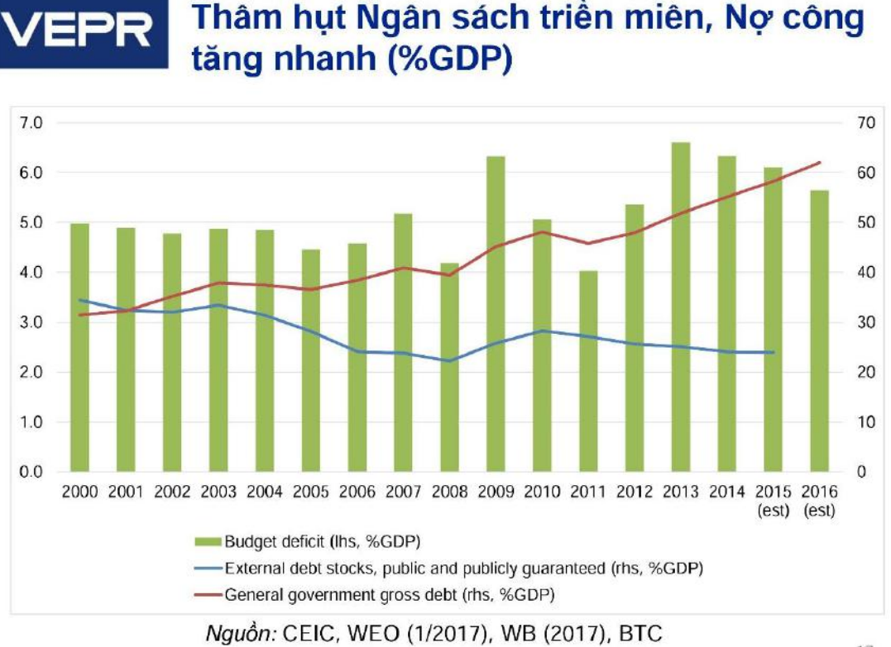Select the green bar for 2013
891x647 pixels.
tap(680, 306)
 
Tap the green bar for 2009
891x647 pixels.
tap(495, 314)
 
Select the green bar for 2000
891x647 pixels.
tap(79, 347)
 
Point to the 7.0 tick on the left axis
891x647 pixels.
tap(31, 123)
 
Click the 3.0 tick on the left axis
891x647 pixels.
tap(31, 322)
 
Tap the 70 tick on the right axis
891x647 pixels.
tap(866, 123)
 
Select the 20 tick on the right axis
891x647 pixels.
tap(866, 372)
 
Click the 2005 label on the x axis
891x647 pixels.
tap(311, 492)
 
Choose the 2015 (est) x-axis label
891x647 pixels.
tap(773, 500)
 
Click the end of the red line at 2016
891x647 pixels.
tap(820, 162)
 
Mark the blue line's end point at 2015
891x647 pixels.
tap(773, 353)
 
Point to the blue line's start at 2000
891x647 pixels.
tap(80, 300)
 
